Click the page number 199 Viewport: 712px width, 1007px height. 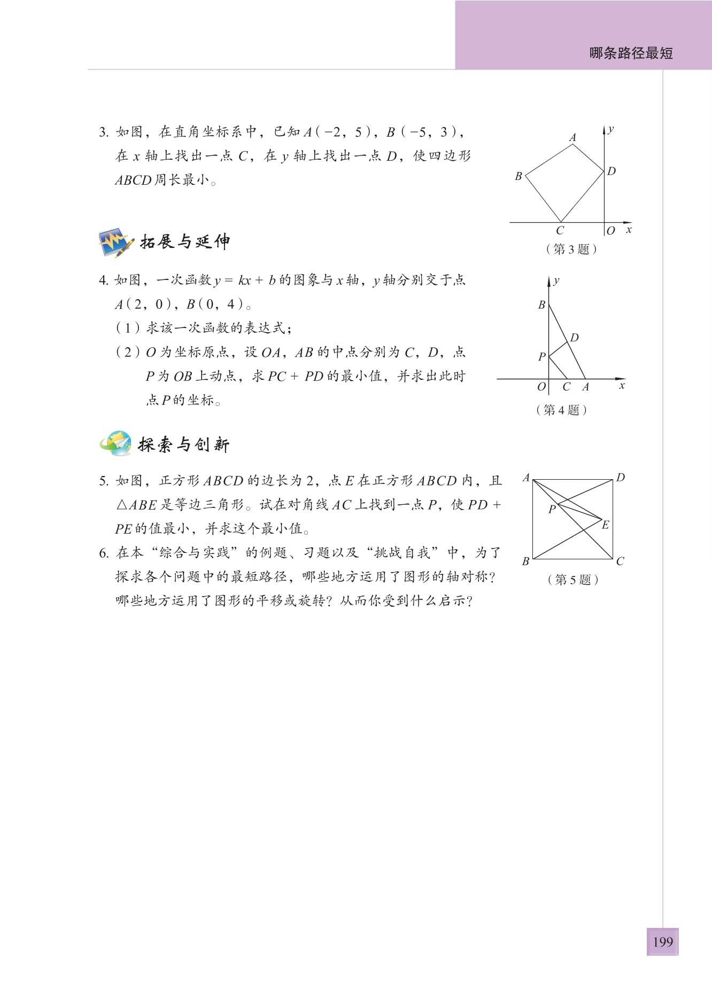pyautogui.click(x=662, y=941)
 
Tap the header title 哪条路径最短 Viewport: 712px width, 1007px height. pyautogui.click(x=631, y=53)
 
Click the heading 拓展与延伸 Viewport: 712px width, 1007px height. pyautogui.click(x=185, y=242)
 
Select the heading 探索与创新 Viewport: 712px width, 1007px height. pyautogui.click(x=184, y=444)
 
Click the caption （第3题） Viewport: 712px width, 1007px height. pyautogui.click(x=571, y=249)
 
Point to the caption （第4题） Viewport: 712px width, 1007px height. pyautogui.click(x=561, y=410)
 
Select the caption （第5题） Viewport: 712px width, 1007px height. pyautogui.click(x=572, y=580)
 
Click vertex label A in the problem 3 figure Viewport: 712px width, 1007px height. pyautogui.click(x=572, y=138)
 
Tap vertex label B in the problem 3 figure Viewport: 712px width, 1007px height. pyautogui.click(x=518, y=176)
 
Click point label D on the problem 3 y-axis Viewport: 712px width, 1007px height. pyautogui.click(x=612, y=171)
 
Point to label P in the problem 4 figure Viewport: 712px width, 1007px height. pyautogui.click(x=541, y=356)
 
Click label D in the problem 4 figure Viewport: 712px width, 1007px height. pyautogui.click(x=575, y=338)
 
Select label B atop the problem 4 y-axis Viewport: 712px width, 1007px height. pyautogui.click(x=541, y=305)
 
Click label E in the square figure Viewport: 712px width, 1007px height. pyautogui.click(x=605, y=525)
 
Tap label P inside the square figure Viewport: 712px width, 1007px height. pyautogui.click(x=552, y=509)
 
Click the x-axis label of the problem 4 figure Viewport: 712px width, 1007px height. pyautogui.click(x=622, y=386)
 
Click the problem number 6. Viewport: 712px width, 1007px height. pyautogui.click(x=104, y=553)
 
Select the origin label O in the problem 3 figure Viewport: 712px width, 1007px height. pyautogui.click(x=611, y=231)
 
